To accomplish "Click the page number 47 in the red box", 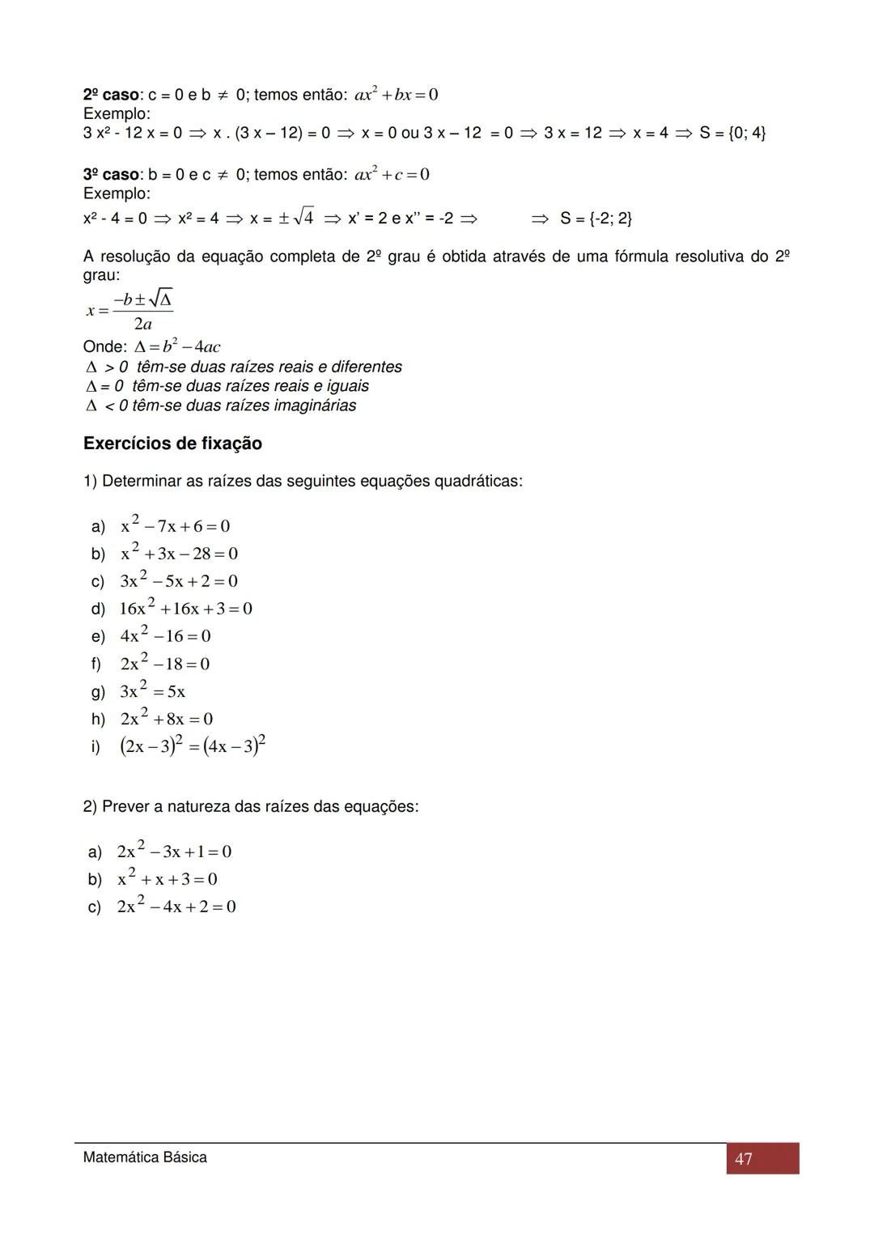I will (x=744, y=1159).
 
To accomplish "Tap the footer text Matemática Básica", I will (x=145, y=1157).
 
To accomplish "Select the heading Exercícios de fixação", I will (x=172, y=444).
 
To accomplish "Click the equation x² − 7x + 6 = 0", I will (x=175, y=526).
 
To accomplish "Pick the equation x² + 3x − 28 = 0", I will (x=179, y=554).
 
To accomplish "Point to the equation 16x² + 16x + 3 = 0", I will (x=186, y=609).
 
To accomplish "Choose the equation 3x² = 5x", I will (x=152, y=691).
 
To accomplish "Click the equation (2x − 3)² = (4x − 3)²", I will (x=193, y=745).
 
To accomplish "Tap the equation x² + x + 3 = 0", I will (x=167, y=879).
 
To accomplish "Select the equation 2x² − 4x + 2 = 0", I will (x=176, y=907).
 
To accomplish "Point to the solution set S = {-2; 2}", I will (x=596, y=219).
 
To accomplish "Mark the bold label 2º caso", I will (x=111, y=95).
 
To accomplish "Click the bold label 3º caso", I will (x=111, y=175).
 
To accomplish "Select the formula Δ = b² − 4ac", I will (x=176, y=347).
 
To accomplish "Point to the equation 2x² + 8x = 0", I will (x=166, y=719).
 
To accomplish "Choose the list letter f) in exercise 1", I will (x=96, y=665).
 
